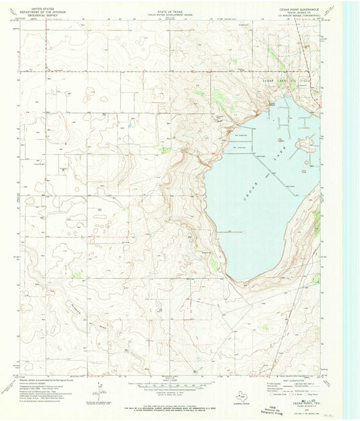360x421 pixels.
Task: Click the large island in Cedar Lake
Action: coord(305,143)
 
